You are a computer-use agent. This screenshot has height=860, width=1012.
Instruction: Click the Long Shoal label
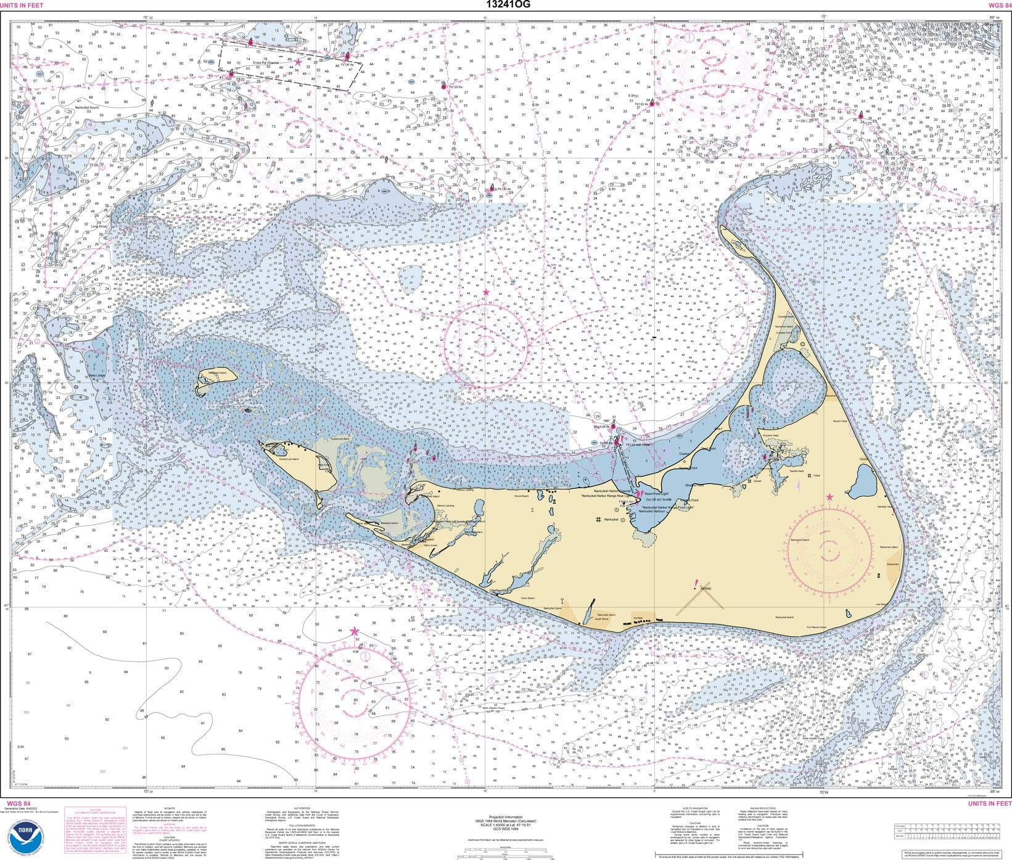pyautogui.click(x=99, y=226)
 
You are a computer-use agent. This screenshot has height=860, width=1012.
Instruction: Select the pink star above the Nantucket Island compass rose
pyautogui.click(x=829, y=497)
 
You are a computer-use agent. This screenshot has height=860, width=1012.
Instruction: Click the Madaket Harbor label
pyautogui.click(x=390, y=523)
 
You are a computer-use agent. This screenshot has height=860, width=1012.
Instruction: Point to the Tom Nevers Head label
pyautogui.click(x=817, y=628)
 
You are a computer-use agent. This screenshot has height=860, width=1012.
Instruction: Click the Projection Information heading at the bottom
pyautogui.click(x=505, y=817)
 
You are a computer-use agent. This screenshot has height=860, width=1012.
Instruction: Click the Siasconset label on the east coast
pyautogui.click(x=892, y=564)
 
